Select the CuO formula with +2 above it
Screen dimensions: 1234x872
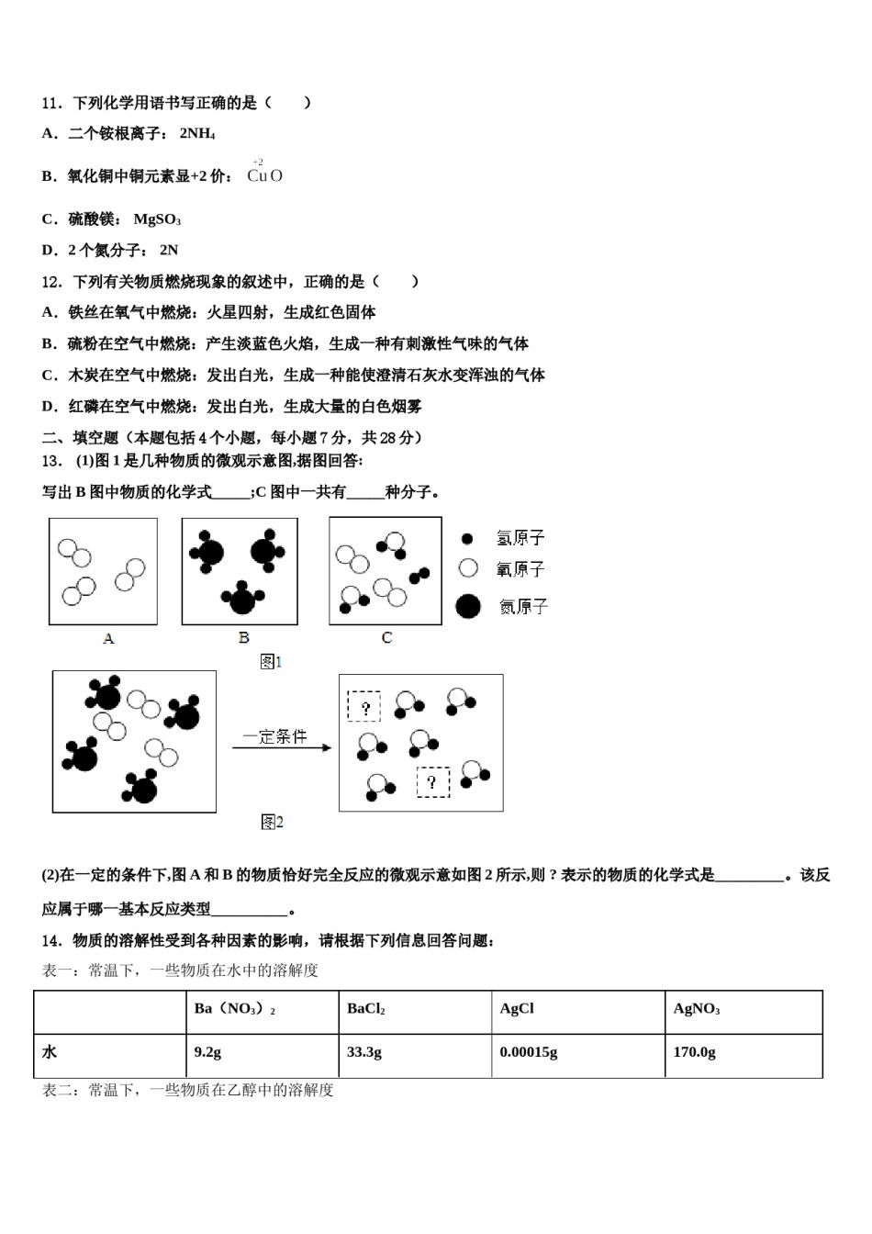pos(264,174)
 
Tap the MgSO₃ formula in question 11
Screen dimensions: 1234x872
pos(157,219)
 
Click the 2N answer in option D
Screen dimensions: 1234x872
pos(169,251)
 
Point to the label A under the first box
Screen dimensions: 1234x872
pos(108,638)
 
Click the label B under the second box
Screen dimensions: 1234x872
pos(243,638)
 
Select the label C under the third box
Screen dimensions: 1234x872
pos(386,638)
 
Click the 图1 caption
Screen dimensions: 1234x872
pos(271,662)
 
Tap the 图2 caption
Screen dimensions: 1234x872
pos(272,823)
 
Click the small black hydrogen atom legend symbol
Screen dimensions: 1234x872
pos(468,538)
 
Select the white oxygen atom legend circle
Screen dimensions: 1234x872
pos(468,568)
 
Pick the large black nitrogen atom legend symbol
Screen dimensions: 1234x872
pos(468,606)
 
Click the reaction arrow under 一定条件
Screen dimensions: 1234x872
pos(281,748)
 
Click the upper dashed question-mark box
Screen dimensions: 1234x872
pos(364,707)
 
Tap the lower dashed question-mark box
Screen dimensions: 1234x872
pos(433,782)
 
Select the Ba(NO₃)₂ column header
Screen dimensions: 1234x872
pos(235,1009)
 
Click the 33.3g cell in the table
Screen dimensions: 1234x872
pos(364,1052)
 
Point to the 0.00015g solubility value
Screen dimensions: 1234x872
pos(529,1052)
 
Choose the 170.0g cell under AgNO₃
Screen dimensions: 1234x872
pos(694,1052)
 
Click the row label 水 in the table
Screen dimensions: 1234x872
pos(50,1052)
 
